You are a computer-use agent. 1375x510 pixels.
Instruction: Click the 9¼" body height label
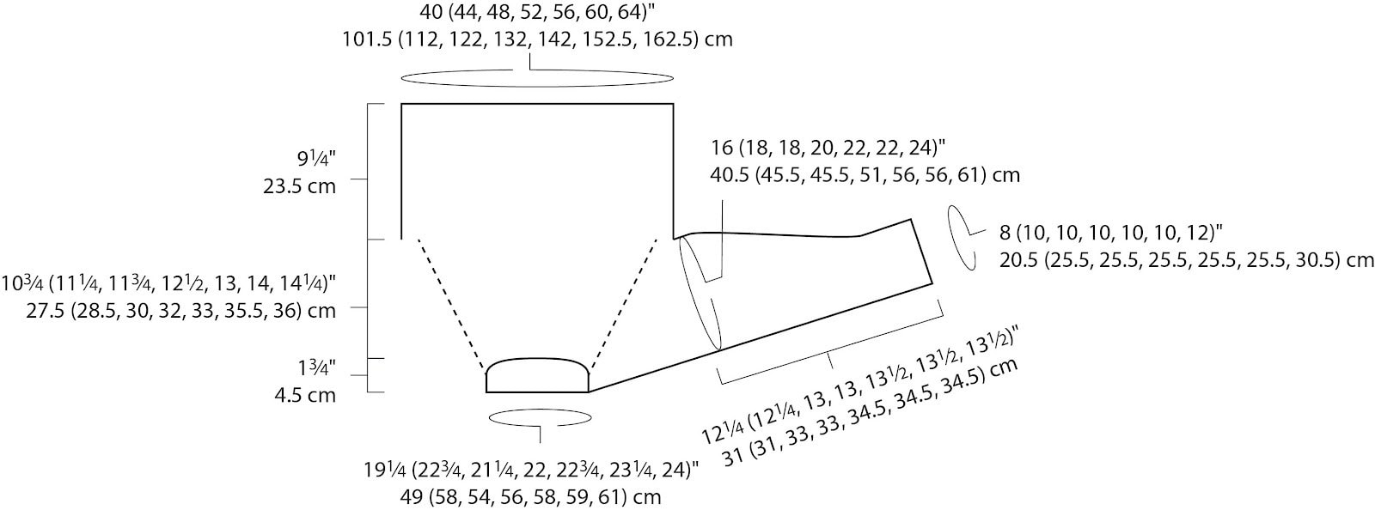[x=317, y=160]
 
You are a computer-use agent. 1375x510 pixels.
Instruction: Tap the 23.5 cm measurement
[x=300, y=185]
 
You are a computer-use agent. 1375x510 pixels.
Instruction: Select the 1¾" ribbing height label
[x=317, y=368]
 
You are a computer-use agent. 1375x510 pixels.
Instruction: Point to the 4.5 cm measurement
[x=305, y=395]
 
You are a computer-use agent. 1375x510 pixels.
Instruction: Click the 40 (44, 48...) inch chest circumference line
[x=537, y=12]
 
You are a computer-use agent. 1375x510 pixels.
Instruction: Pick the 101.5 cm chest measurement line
[x=537, y=39]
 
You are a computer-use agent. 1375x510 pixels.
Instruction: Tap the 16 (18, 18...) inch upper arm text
[x=828, y=148]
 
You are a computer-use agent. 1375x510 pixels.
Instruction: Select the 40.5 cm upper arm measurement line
[x=865, y=175]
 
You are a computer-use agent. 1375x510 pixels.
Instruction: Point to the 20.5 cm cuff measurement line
[x=1186, y=260]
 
